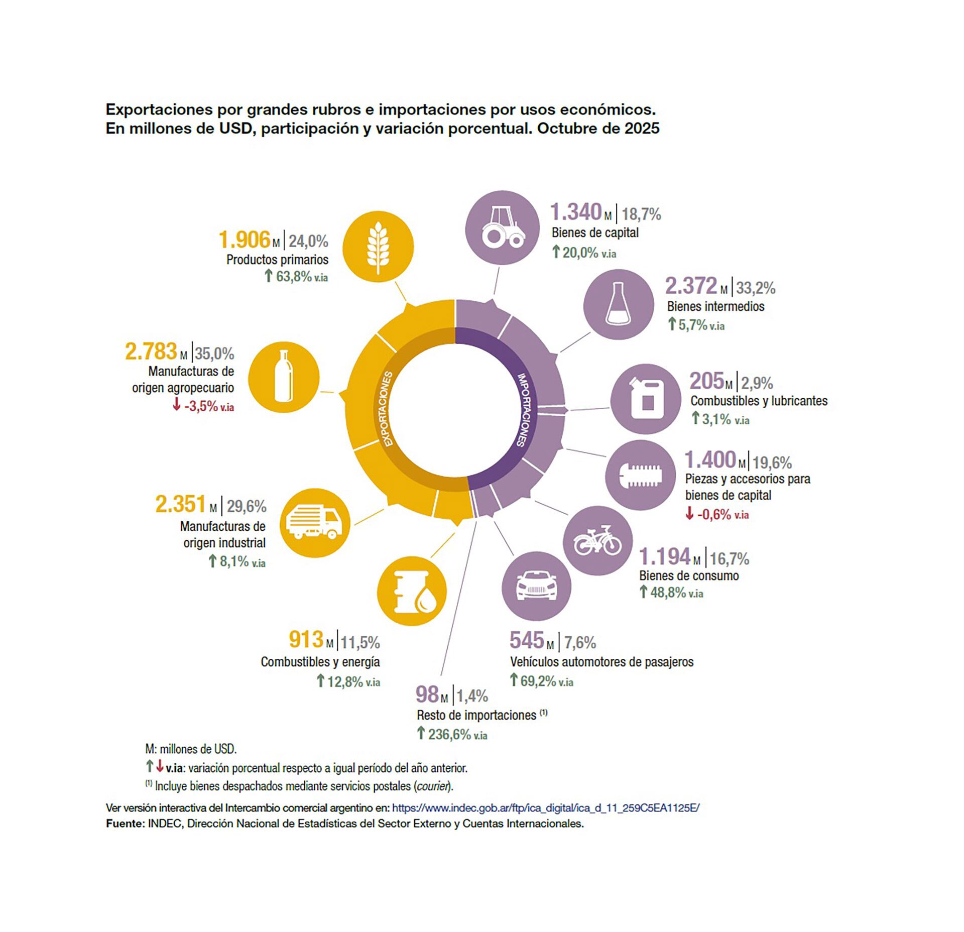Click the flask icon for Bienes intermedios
[x=618, y=304]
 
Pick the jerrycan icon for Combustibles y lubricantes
[x=645, y=399]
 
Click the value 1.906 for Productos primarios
[x=245, y=240]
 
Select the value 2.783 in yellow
[x=151, y=352]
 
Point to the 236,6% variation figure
[x=449, y=734]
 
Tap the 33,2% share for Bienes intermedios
[x=756, y=288]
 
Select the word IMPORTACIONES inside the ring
[x=527, y=409]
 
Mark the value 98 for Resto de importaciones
[x=427, y=694]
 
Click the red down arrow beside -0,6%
[x=690, y=513]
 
